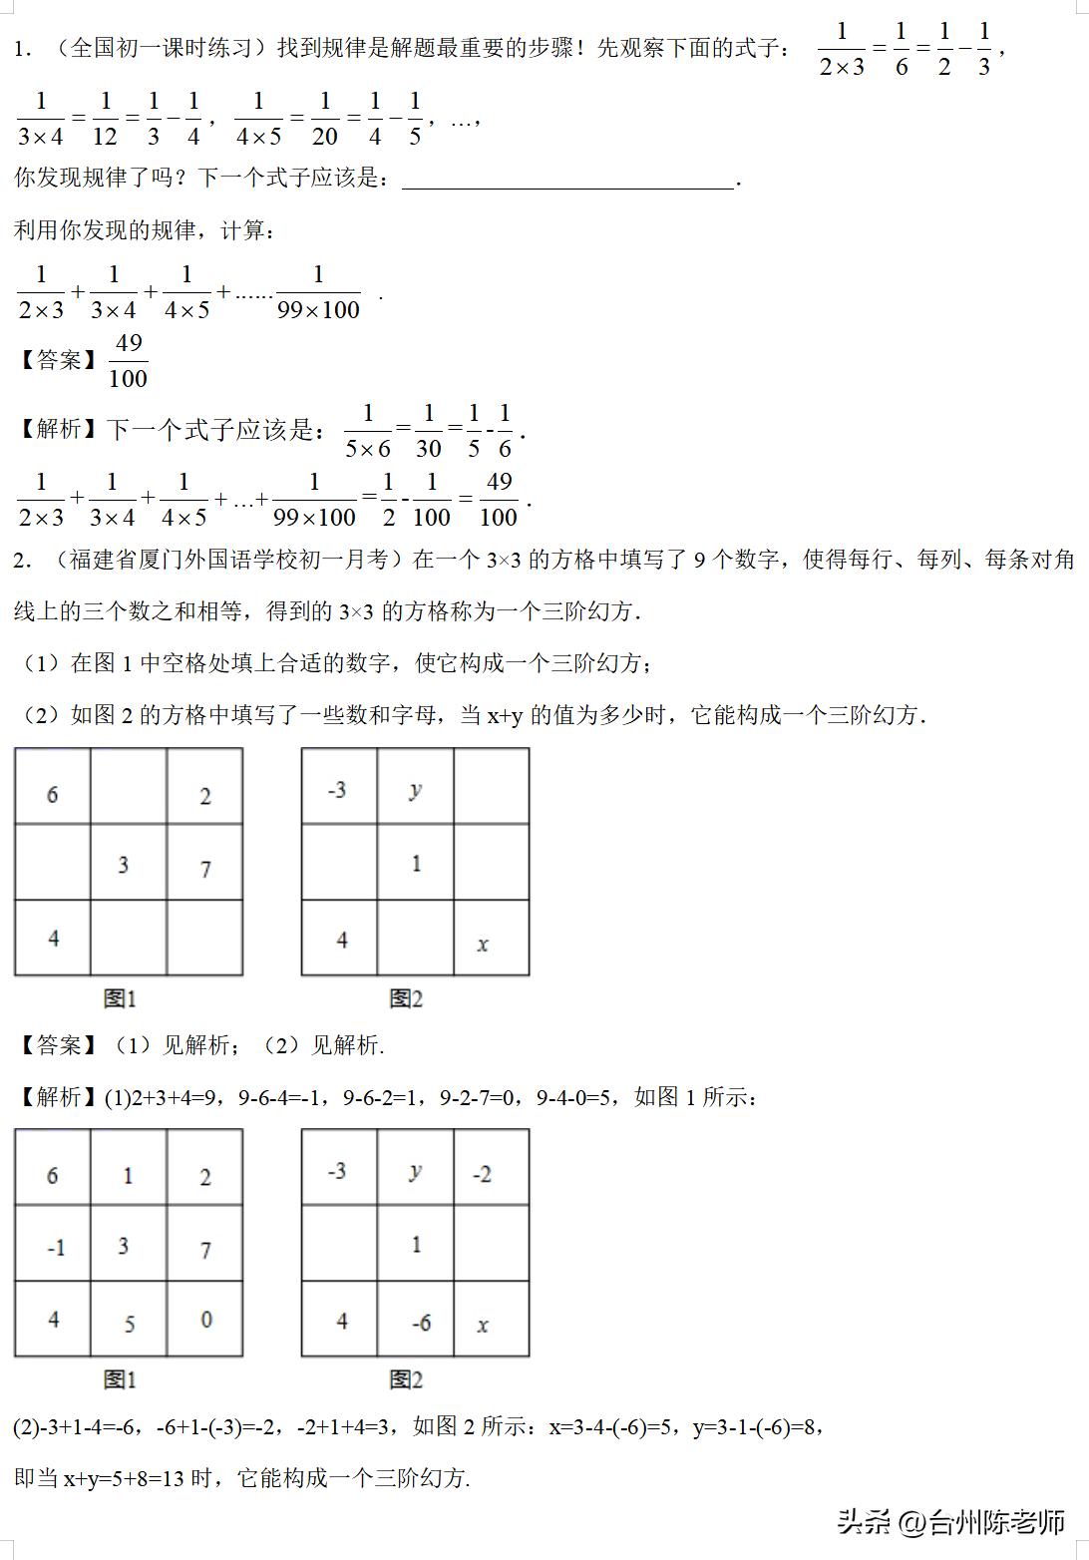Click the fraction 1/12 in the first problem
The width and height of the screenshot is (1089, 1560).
(x=105, y=118)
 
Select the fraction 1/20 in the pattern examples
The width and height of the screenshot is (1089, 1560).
(x=324, y=118)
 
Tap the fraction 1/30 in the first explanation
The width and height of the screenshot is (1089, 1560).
(x=428, y=431)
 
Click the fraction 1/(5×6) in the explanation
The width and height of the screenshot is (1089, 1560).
(x=368, y=431)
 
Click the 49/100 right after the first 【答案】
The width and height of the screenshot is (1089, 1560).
(x=128, y=360)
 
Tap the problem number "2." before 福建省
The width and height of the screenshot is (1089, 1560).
(x=23, y=561)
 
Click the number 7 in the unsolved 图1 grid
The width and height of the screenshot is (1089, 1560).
(x=205, y=869)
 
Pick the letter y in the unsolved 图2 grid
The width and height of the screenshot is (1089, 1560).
(x=416, y=790)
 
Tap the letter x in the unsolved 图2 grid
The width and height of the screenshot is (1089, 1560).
(x=483, y=944)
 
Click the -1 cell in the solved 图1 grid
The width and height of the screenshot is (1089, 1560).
(x=56, y=1248)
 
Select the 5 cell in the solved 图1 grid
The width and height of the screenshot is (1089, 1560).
(x=130, y=1324)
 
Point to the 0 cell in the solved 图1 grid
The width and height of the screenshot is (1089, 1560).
(x=205, y=1320)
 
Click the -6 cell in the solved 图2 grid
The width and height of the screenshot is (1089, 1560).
(x=421, y=1323)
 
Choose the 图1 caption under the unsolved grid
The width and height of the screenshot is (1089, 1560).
(x=120, y=998)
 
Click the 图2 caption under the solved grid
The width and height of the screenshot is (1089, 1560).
(x=406, y=1379)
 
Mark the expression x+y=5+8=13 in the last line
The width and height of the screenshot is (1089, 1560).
(x=125, y=1478)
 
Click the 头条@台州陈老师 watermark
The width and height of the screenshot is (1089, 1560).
(x=951, y=1522)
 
